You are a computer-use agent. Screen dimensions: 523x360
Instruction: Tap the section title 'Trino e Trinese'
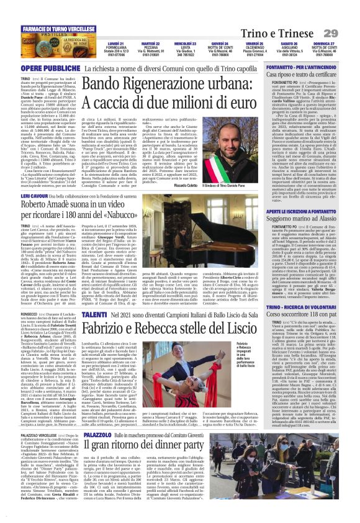(285, 33)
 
